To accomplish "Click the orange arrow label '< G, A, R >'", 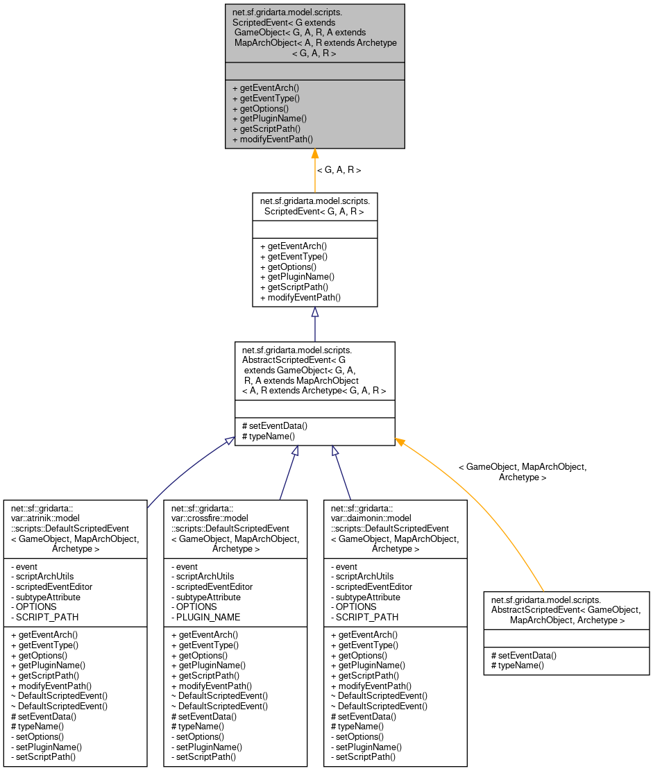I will click(x=339, y=169).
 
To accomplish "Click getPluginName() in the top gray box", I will click(x=269, y=119).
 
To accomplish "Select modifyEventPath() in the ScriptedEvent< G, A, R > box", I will click(x=300, y=297).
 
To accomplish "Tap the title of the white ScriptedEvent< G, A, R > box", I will click(x=314, y=206).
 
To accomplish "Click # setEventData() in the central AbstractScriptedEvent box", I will click(x=274, y=426).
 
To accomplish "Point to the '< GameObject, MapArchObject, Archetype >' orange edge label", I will click(x=522, y=472).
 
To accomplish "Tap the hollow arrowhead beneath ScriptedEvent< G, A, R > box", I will click(x=314, y=312).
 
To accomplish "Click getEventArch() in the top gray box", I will click(x=265, y=88).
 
